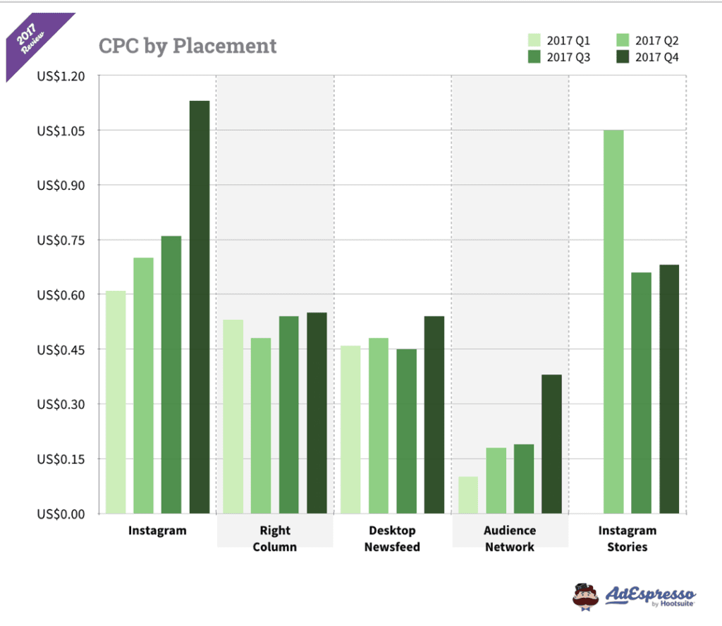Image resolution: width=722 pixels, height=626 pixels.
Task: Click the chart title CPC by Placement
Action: (x=188, y=46)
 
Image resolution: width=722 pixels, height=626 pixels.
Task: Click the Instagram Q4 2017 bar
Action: (x=200, y=307)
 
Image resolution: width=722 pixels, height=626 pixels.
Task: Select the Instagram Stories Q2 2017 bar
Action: (x=613, y=322)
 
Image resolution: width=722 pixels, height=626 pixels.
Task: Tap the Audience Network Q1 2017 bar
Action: (x=468, y=495)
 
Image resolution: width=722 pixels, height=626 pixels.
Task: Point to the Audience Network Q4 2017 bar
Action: (x=552, y=444)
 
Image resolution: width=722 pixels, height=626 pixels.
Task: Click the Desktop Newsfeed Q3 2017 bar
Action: (x=406, y=431)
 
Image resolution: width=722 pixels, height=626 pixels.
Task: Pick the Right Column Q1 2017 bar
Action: (x=233, y=416)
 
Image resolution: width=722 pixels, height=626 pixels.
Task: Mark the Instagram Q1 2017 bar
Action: (x=116, y=402)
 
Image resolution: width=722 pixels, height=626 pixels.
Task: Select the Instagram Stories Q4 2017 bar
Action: (x=669, y=389)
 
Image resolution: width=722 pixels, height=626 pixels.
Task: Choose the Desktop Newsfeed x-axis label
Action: (x=392, y=538)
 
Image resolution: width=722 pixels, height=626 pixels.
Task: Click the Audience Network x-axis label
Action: (x=510, y=538)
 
